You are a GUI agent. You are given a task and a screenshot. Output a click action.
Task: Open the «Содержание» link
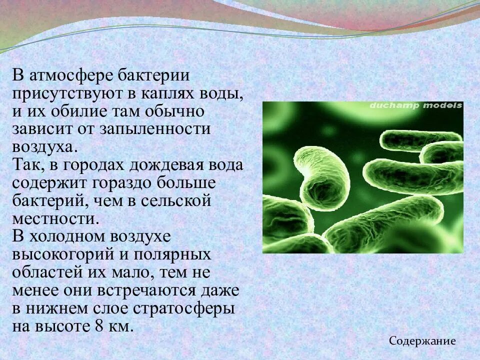coord(422,341)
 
